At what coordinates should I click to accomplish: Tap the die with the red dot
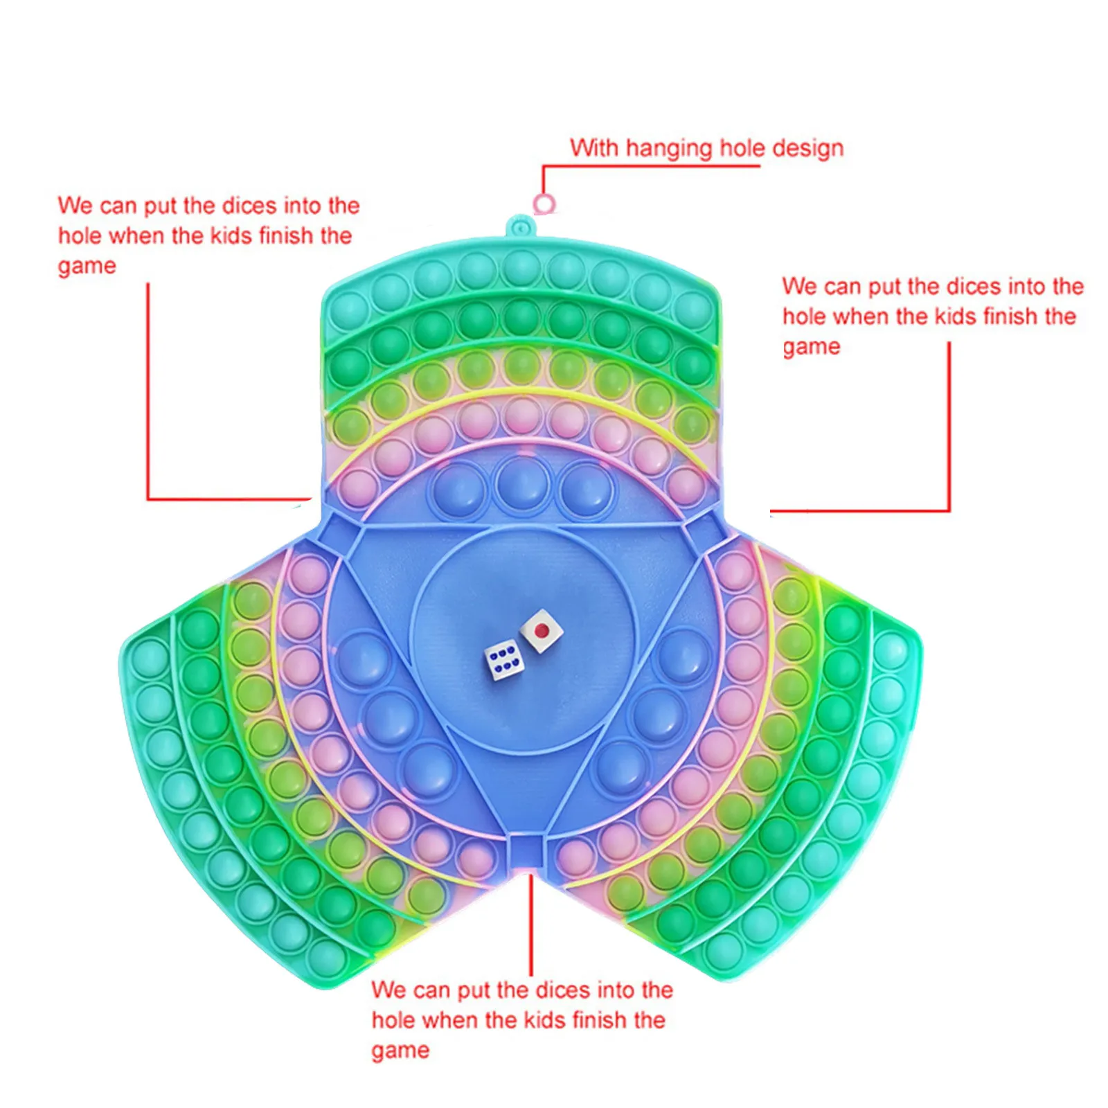pyautogui.click(x=542, y=631)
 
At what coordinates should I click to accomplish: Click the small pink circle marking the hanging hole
pyautogui.click(x=545, y=204)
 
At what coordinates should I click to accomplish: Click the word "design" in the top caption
pyautogui.click(x=808, y=149)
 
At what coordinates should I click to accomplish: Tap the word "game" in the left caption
pyautogui.click(x=87, y=267)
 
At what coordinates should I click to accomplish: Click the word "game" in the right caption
pyautogui.click(x=811, y=347)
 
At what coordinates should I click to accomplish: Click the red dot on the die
pyautogui.click(x=542, y=630)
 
